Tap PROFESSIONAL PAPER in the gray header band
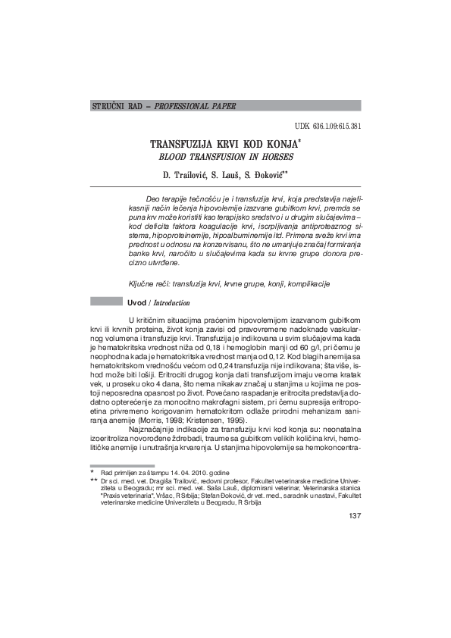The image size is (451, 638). tap(192, 106)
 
